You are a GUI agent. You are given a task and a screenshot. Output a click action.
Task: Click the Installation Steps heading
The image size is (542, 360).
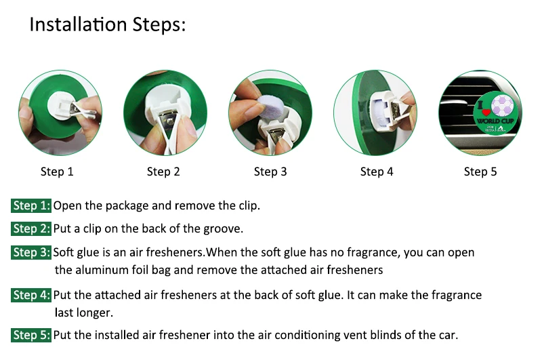click(108, 25)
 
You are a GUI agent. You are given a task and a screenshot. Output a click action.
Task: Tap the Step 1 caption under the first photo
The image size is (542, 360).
click(57, 172)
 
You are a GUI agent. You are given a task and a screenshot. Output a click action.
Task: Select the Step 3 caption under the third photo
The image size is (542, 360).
click(270, 172)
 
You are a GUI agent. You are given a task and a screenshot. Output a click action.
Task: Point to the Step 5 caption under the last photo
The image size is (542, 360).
click(480, 172)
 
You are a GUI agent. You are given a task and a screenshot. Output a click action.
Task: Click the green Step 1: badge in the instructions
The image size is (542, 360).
click(31, 205)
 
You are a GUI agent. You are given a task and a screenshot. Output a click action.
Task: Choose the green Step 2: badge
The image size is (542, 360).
click(31, 228)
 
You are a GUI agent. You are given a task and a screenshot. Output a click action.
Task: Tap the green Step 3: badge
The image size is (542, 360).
click(31, 252)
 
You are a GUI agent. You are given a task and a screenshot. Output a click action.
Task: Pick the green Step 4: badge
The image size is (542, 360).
click(31, 295)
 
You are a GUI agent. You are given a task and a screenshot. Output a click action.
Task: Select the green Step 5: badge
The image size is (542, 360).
click(31, 335)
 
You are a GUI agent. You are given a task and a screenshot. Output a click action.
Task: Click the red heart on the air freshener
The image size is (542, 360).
click(486, 112)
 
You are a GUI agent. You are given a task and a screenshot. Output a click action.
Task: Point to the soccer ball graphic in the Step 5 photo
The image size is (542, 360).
click(502, 104)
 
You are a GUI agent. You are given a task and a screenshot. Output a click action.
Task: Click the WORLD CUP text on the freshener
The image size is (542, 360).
click(495, 121)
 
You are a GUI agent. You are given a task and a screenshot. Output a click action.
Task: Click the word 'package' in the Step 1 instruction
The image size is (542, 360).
click(127, 206)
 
